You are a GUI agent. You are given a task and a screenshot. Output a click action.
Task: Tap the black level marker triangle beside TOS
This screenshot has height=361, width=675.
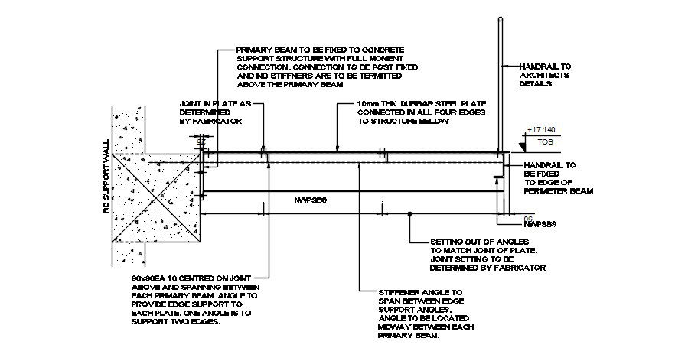pos(523,142)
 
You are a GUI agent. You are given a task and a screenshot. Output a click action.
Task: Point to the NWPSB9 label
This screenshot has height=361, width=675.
pos(540,224)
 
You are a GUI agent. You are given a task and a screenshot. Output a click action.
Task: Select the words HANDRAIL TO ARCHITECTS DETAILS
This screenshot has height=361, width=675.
pos(546,75)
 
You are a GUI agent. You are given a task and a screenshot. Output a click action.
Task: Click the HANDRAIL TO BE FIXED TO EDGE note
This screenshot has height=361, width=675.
pos(557,178)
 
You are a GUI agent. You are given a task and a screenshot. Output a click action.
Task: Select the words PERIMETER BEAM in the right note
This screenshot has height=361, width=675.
pos(559,191)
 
